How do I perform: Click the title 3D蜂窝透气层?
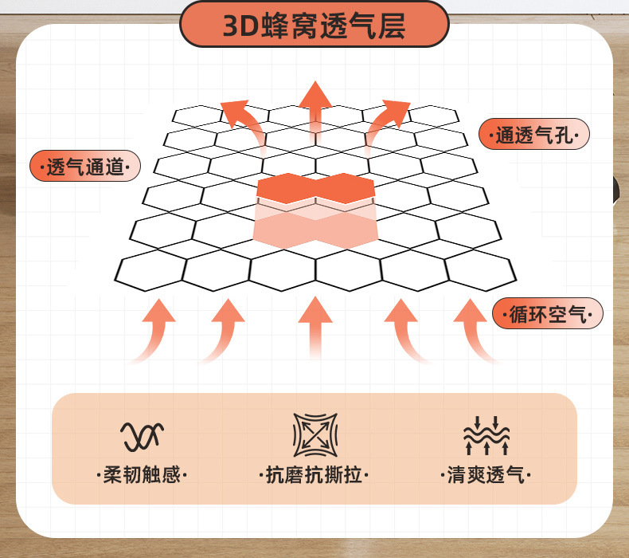(x=314, y=26)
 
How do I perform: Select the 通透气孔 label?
(x=534, y=136)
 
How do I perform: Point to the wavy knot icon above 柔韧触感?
(x=143, y=434)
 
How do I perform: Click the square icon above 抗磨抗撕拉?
(x=315, y=434)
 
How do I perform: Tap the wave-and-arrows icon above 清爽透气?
(x=486, y=434)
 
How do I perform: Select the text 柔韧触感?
(x=143, y=476)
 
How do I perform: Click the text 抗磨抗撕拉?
(x=315, y=476)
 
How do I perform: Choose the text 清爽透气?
(x=486, y=476)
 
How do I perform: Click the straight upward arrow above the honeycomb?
(x=315, y=112)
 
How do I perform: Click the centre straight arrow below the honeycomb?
(x=315, y=327)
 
